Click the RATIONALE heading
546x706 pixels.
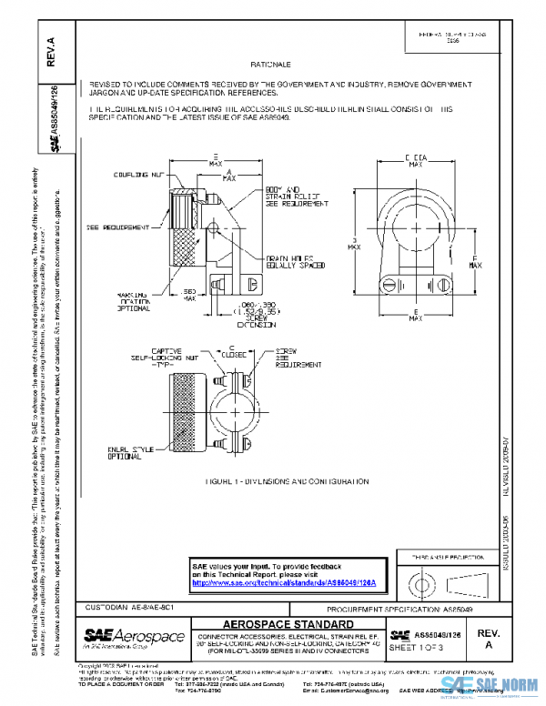pyautogui.click(x=270, y=66)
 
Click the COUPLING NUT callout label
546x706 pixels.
pyautogui.click(x=137, y=173)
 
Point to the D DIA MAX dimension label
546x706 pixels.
pyautogui.click(x=415, y=161)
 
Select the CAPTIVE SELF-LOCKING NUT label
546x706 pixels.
pyautogui.click(x=154, y=354)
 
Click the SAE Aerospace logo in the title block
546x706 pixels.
pyautogui.click(x=134, y=636)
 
